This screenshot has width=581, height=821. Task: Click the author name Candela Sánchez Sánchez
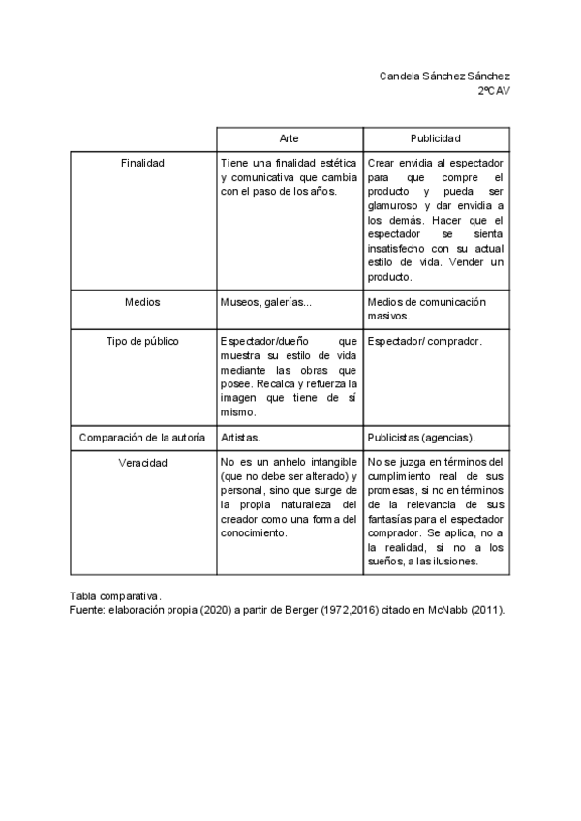pyautogui.click(x=444, y=76)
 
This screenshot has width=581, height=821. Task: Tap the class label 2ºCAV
pyautogui.click(x=494, y=90)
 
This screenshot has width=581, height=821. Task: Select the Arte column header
pyautogui.click(x=290, y=138)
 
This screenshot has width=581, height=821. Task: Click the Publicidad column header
pyautogui.click(x=436, y=138)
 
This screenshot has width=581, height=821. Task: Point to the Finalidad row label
pyautogui.click(x=142, y=163)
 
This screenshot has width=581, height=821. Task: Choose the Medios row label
pyautogui.click(x=142, y=302)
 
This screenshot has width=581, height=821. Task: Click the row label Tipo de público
pyautogui.click(x=142, y=341)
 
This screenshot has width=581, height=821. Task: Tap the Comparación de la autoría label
pyautogui.click(x=142, y=437)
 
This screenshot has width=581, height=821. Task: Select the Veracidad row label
pyautogui.click(x=142, y=463)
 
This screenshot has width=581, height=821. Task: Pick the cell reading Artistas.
pyautogui.click(x=240, y=437)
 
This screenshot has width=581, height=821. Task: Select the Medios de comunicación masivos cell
pyautogui.click(x=427, y=309)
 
